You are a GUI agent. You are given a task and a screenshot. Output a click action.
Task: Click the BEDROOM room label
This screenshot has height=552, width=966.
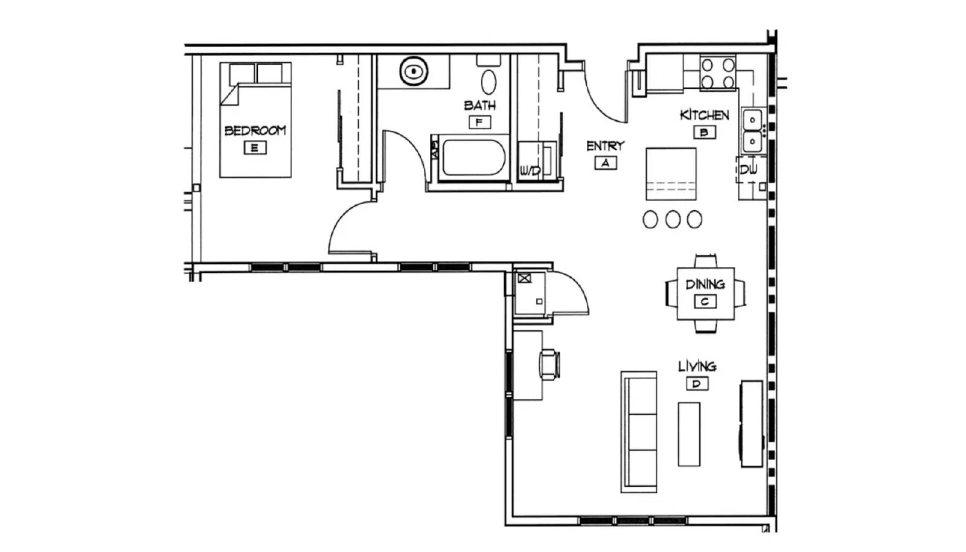click(x=255, y=130)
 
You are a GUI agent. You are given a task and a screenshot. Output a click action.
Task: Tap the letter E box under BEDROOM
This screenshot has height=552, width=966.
click(x=255, y=147)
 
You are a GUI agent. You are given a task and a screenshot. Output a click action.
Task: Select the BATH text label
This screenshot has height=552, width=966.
click(x=480, y=105)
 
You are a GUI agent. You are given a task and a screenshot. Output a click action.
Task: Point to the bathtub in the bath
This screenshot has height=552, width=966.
click(x=473, y=158)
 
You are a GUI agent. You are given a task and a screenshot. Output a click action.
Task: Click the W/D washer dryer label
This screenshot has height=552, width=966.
click(x=530, y=171)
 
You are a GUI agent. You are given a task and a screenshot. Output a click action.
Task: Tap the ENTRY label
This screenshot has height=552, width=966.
click(x=605, y=146)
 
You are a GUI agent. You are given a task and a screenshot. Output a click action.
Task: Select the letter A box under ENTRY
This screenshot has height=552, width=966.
click(x=605, y=162)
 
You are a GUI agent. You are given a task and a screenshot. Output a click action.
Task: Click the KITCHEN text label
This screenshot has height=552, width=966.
click(x=704, y=115)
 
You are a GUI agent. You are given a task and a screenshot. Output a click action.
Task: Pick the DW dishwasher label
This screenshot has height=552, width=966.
click(x=749, y=170)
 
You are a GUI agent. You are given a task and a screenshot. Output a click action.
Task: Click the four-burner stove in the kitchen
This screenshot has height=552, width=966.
click(x=718, y=72)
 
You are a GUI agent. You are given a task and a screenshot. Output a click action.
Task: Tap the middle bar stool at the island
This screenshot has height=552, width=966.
click(x=673, y=219)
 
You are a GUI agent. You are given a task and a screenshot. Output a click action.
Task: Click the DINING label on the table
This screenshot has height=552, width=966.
click(x=705, y=283)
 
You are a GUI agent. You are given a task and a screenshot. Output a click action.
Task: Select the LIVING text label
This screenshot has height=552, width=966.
click(x=697, y=366)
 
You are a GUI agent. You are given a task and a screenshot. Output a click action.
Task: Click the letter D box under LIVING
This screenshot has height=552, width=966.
click(x=697, y=384)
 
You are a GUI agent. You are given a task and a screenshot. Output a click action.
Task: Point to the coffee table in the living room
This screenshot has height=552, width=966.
click(x=689, y=434)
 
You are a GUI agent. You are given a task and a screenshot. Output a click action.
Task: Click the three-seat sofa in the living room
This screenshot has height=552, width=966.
click(x=639, y=432)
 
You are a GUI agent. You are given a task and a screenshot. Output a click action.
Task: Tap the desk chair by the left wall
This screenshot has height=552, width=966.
click(x=549, y=365)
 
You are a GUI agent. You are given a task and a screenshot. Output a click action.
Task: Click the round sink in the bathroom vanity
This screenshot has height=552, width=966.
click(x=414, y=72)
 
